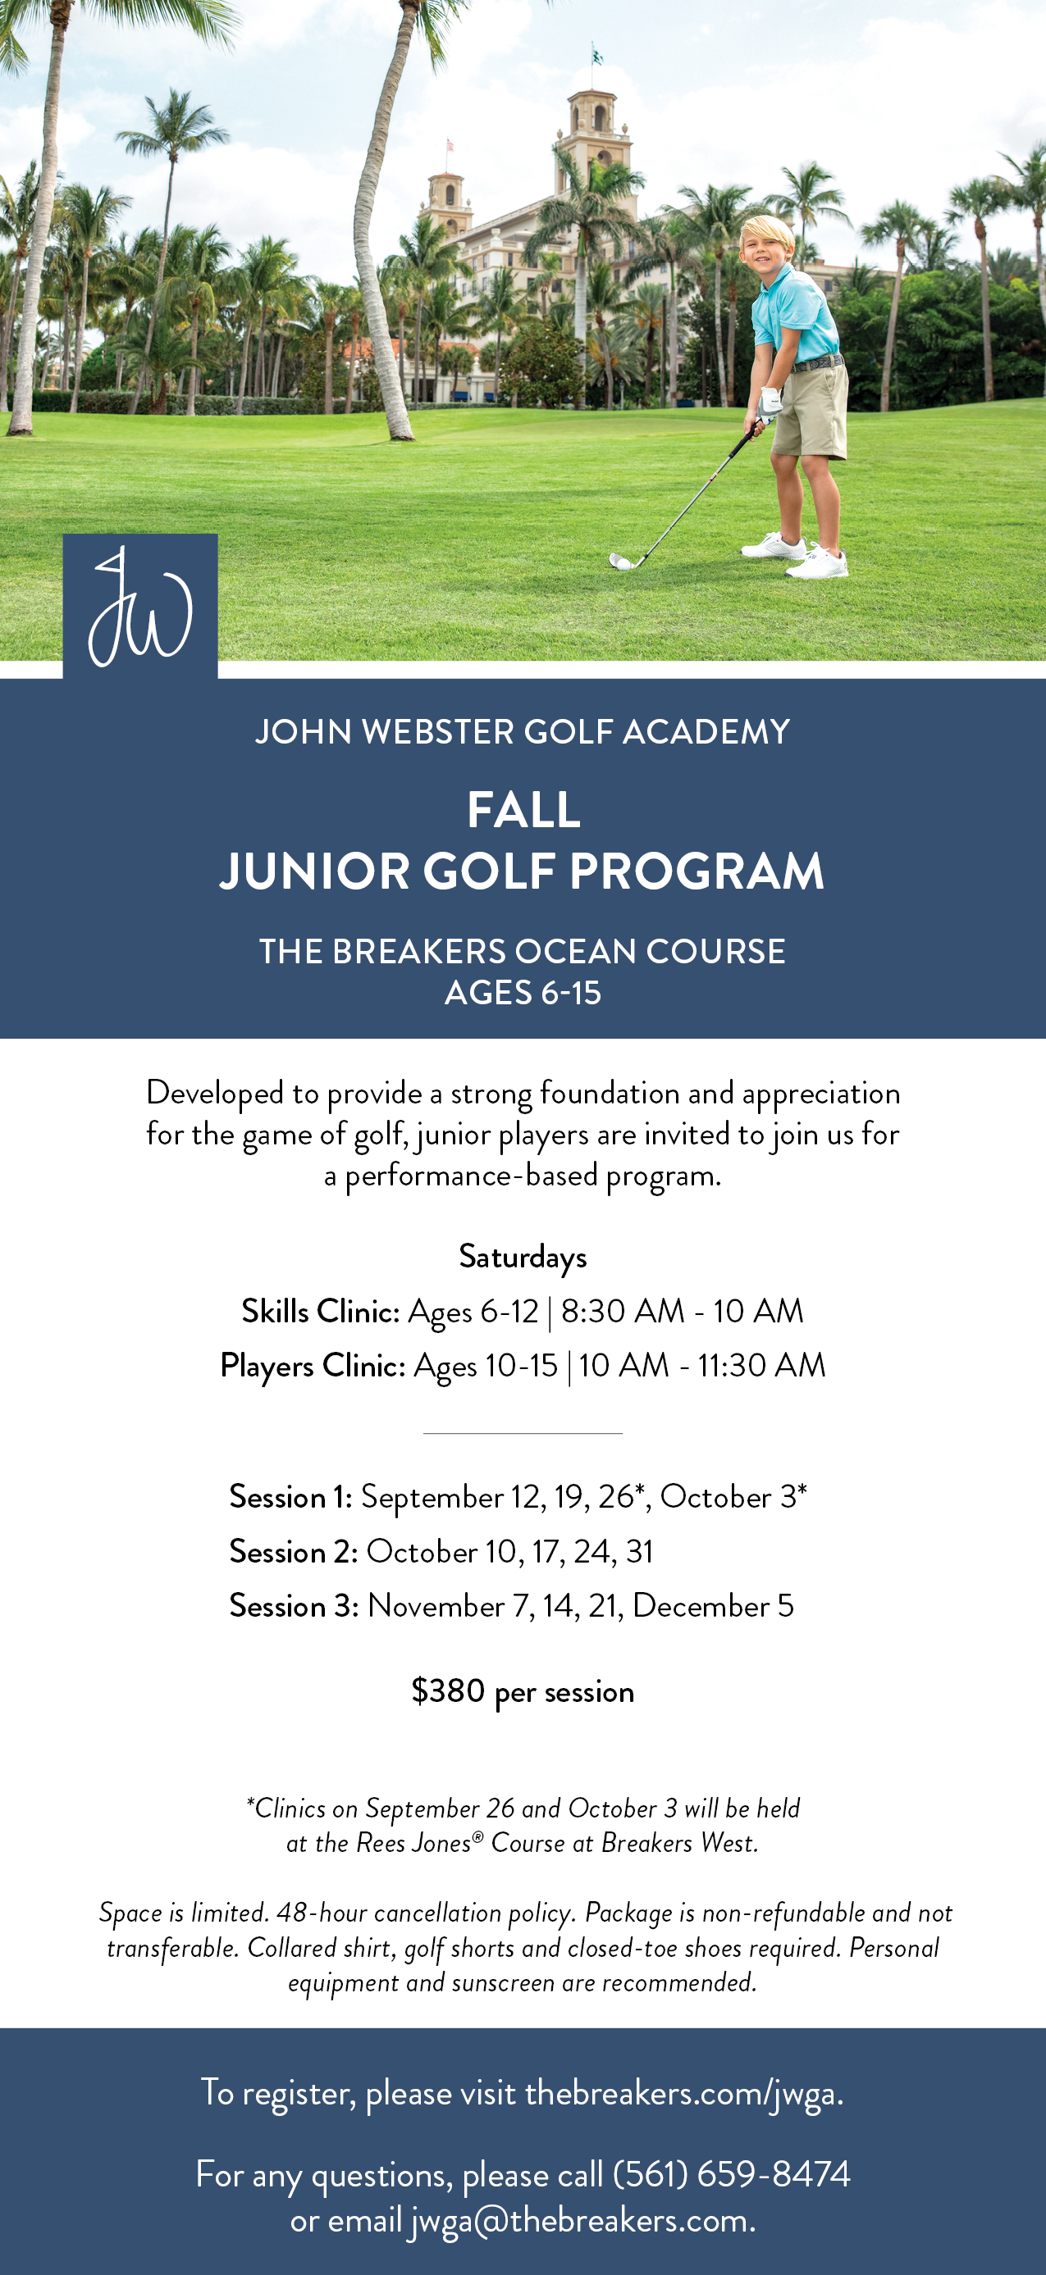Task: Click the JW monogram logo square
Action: pos(140,606)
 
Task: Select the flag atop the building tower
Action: pos(597,56)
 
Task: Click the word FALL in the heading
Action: pos(524,810)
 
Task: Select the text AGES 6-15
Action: pos(523,994)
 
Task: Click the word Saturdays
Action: pos(523,1257)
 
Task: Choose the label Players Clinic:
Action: pos(313,1365)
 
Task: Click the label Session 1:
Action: pos(290,1497)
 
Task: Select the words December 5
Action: pos(714,1605)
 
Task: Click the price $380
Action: pos(448,1690)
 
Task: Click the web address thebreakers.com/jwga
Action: pos(683,2093)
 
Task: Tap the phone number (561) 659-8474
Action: pos(732,2173)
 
